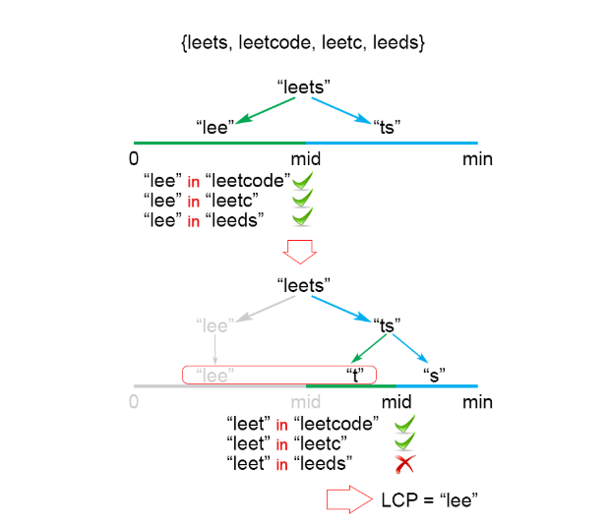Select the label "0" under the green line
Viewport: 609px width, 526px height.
(x=134, y=159)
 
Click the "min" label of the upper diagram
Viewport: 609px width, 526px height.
(x=477, y=159)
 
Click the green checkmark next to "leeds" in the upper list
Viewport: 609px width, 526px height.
(x=303, y=217)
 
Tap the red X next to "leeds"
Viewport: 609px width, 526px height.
(x=402, y=463)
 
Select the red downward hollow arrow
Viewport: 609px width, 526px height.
(x=298, y=252)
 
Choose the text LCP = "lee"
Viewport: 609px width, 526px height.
(x=429, y=499)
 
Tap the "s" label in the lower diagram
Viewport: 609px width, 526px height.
(x=434, y=375)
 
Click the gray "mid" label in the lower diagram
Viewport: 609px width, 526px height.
(x=307, y=402)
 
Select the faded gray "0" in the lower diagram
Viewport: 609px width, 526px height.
(x=134, y=402)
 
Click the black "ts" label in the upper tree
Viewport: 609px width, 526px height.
(x=387, y=126)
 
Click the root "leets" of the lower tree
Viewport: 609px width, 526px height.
(x=304, y=285)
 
